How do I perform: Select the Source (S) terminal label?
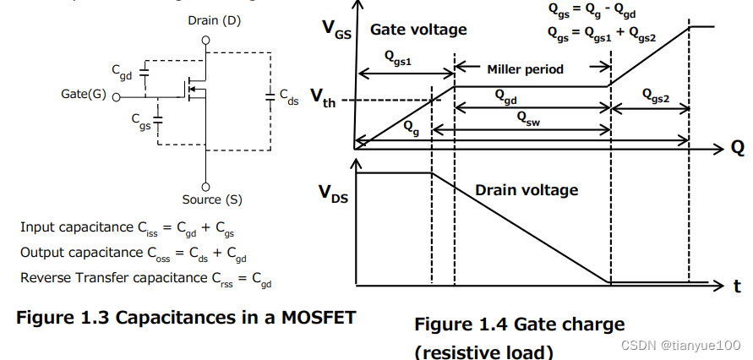pos(211,199)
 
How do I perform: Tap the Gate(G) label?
pos(84,94)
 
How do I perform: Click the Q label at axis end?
pos(738,148)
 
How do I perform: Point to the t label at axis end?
pos(737,287)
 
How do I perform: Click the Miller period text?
pos(526,69)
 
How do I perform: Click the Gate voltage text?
pos(418,30)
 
